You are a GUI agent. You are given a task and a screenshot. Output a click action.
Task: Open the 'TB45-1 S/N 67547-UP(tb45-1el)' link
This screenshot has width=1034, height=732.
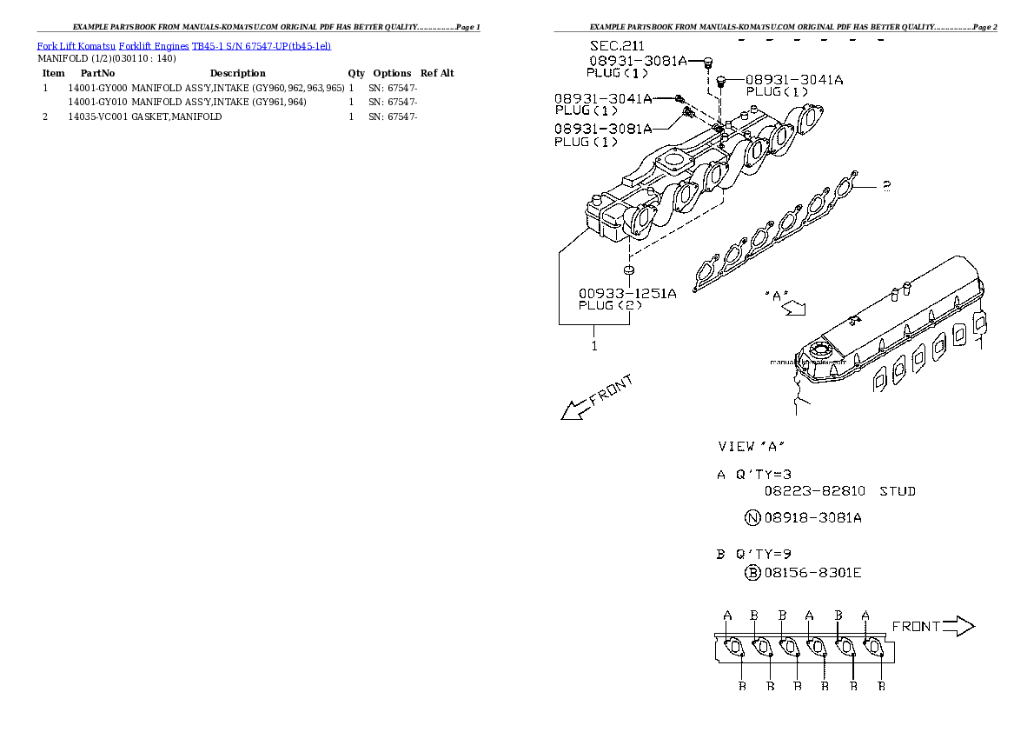(x=261, y=45)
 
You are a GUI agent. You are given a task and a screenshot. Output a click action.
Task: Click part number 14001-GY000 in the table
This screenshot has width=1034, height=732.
(x=97, y=88)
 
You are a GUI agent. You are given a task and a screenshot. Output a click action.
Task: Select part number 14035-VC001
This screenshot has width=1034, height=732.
(x=97, y=116)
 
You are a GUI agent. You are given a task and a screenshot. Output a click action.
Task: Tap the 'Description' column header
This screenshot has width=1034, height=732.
(x=237, y=73)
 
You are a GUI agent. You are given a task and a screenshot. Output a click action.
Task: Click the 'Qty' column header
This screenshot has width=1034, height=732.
(x=356, y=73)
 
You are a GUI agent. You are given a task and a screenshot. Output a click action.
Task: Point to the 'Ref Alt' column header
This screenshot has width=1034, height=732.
(x=437, y=73)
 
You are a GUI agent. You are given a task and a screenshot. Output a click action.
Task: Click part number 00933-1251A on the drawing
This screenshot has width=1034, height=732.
(x=627, y=293)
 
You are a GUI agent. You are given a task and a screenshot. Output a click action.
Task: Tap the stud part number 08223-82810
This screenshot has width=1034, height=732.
(x=814, y=491)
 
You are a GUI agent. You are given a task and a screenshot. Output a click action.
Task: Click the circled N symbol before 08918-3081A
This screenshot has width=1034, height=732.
(x=752, y=518)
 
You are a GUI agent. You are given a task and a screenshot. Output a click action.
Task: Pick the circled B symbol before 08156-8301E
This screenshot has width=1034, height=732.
(x=752, y=572)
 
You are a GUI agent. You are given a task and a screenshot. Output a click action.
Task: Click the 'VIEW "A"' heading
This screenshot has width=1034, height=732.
(x=752, y=446)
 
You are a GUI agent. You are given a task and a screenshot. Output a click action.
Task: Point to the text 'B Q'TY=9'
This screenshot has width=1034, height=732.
(x=753, y=553)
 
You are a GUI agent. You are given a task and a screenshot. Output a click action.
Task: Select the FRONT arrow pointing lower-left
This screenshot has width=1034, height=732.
(x=596, y=398)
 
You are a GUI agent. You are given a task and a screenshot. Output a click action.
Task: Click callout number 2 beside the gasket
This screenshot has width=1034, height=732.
(x=885, y=185)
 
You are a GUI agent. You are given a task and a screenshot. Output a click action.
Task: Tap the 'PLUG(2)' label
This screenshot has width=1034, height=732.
(x=610, y=305)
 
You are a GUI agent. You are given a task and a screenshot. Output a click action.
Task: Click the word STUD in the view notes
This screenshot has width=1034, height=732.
(x=898, y=491)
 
